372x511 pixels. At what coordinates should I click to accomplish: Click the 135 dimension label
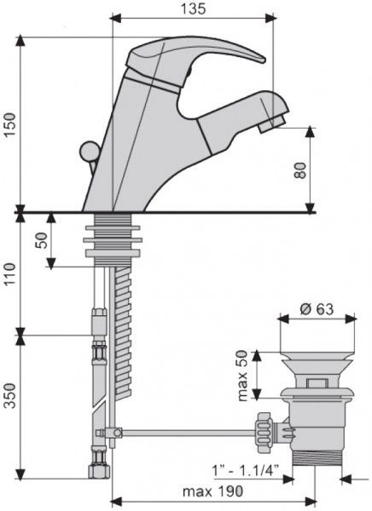point(194,9)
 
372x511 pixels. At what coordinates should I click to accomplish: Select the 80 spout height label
point(299,170)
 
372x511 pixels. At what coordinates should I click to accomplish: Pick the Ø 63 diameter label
point(317,309)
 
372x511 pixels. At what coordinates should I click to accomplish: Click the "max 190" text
point(212,491)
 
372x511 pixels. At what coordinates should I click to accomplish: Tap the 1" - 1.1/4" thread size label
point(246,470)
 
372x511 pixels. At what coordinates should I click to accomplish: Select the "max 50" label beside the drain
point(242,376)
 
